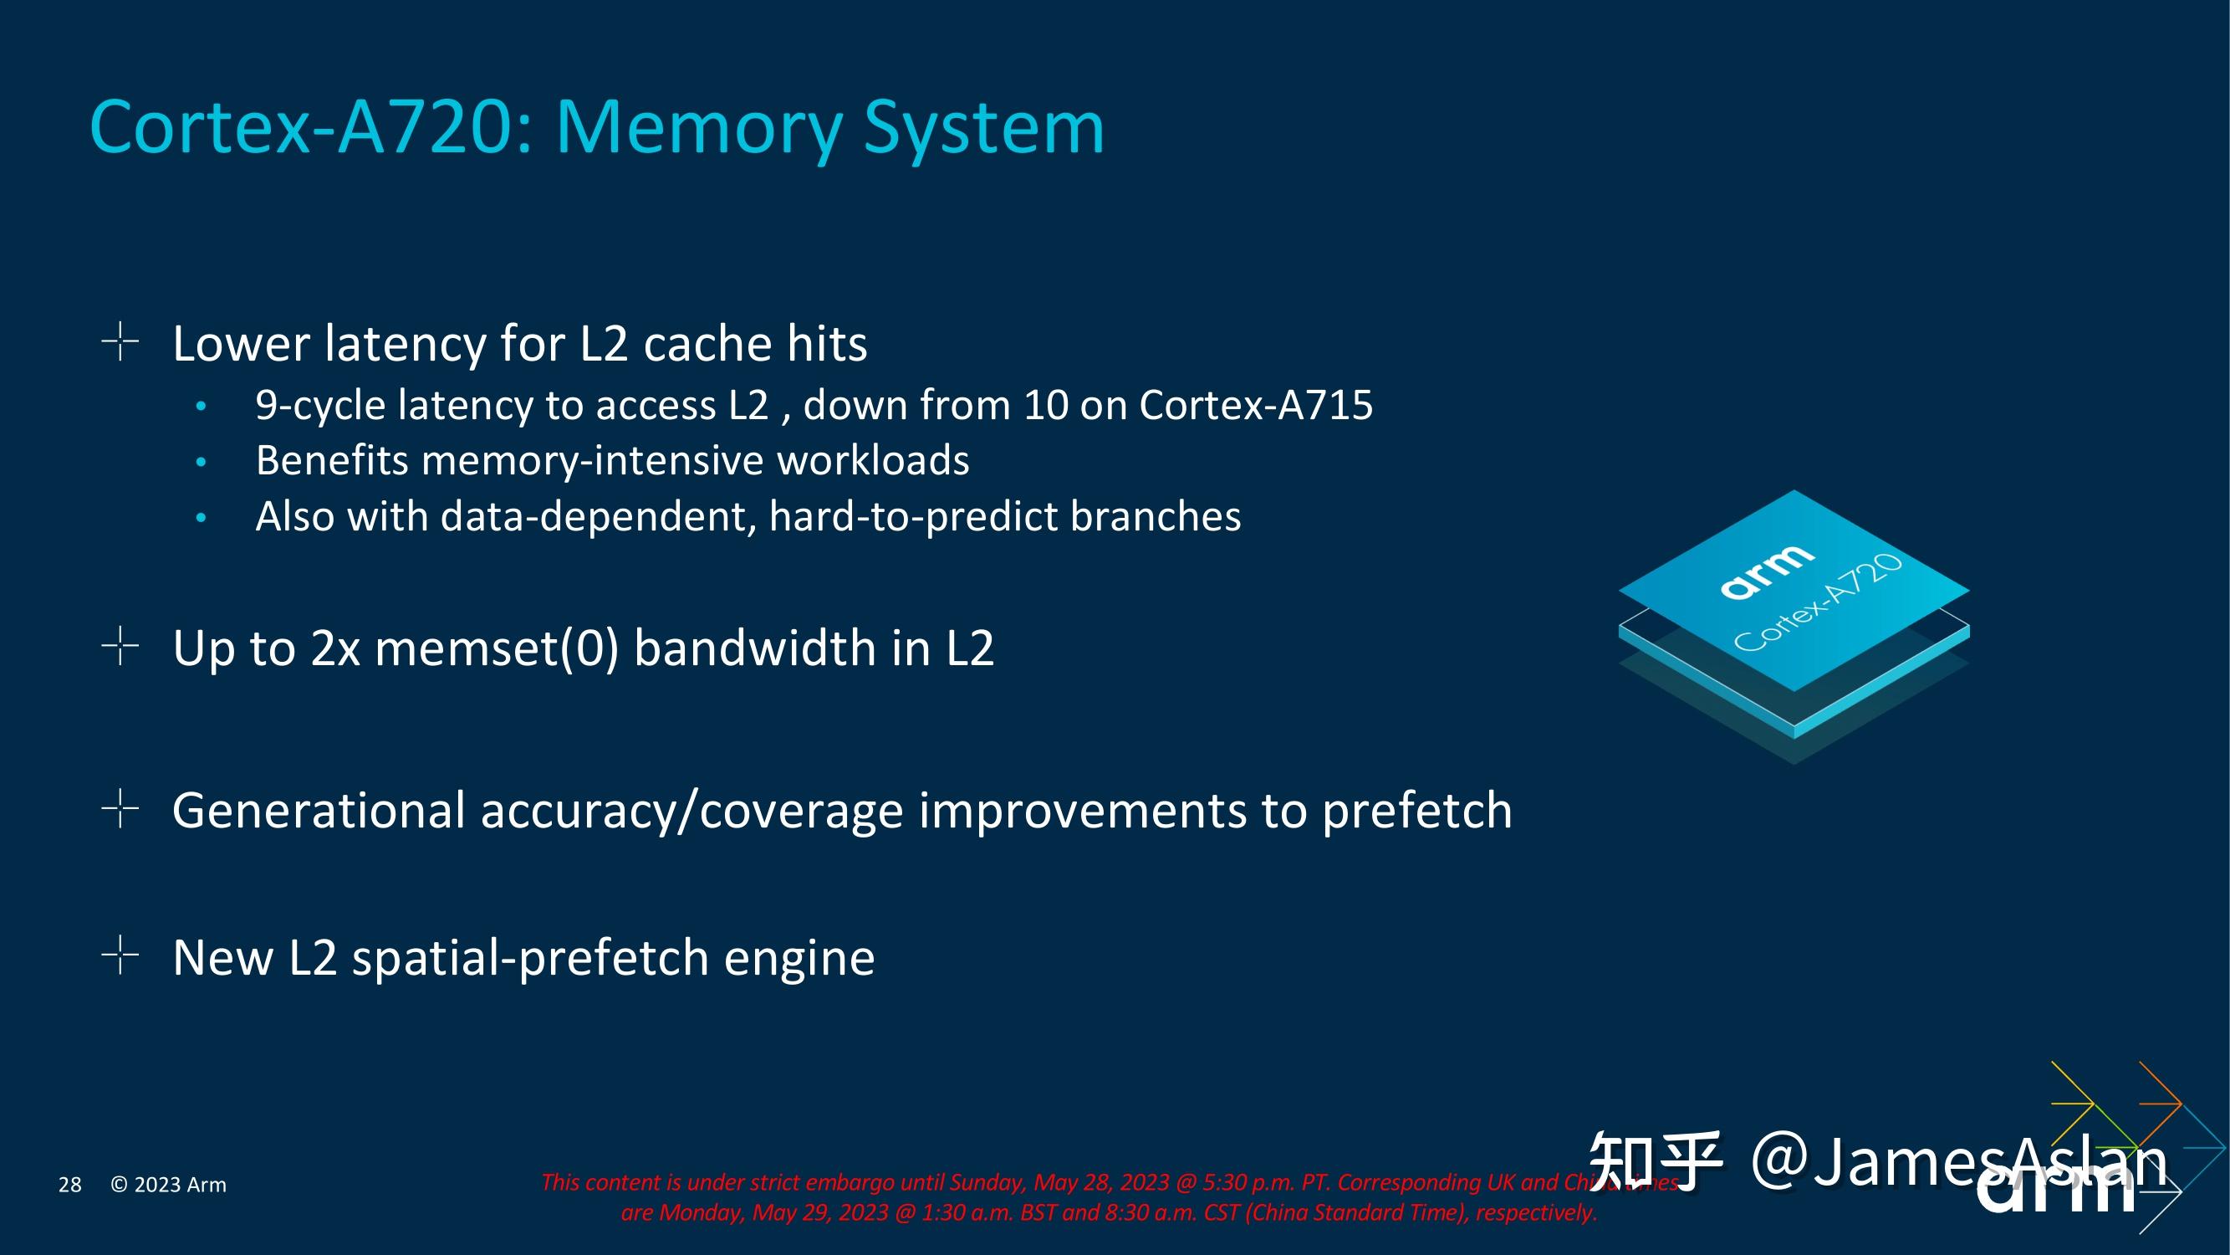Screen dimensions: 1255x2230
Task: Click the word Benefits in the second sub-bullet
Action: (332, 460)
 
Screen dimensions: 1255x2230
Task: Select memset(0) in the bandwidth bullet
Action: (497, 648)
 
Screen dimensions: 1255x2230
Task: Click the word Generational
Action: (319, 811)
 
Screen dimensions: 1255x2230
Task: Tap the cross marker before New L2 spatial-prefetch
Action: (120, 955)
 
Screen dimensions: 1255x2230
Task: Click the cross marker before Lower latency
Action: (120, 341)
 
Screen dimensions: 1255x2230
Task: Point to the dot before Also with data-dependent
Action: (201, 518)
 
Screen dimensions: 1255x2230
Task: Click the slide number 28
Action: (69, 1185)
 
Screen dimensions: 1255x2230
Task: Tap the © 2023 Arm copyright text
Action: (168, 1185)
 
